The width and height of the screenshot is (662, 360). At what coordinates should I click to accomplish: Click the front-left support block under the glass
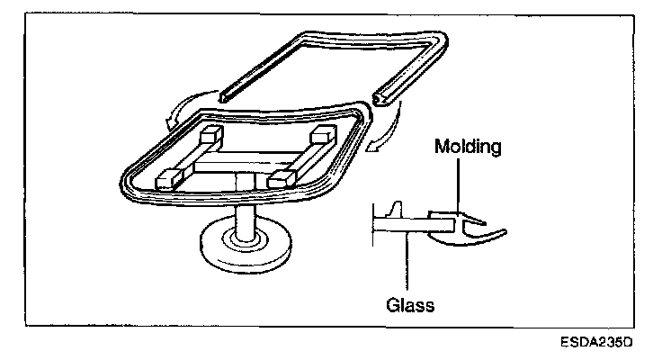click(169, 178)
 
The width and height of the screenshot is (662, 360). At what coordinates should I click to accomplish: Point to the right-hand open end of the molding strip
click(380, 93)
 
